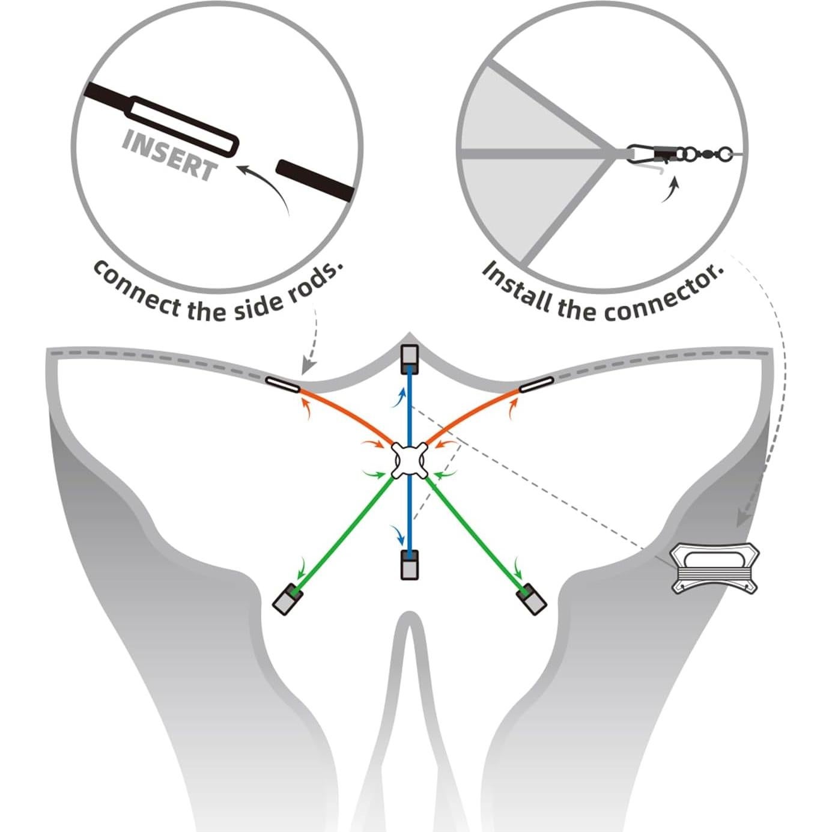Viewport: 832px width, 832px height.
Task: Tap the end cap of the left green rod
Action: pyautogui.click(x=287, y=600)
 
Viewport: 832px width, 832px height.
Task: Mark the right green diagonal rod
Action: pyautogui.click(x=475, y=529)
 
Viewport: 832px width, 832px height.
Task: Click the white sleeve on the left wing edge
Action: pyautogui.click(x=282, y=384)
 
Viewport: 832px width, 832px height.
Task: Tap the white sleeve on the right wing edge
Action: pyautogui.click(x=536, y=384)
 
